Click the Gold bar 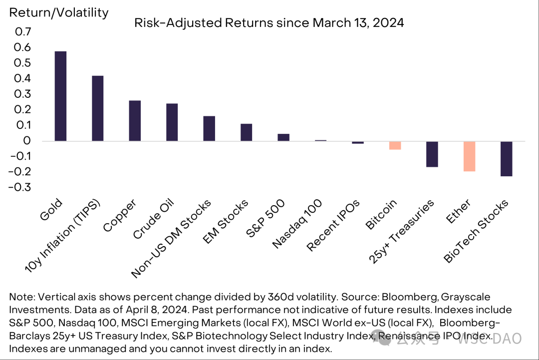point(60,96)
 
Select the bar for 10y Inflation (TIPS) point(97,108)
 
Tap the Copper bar point(135,121)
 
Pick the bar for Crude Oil point(172,122)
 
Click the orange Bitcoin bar point(395,145)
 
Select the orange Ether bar point(469,156)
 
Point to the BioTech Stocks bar point(506,159)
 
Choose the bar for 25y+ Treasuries point(432,154)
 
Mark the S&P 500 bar point(283,137)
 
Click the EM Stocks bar point(246,132)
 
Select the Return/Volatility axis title point(58,12)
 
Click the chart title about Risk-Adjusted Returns point(269,22)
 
